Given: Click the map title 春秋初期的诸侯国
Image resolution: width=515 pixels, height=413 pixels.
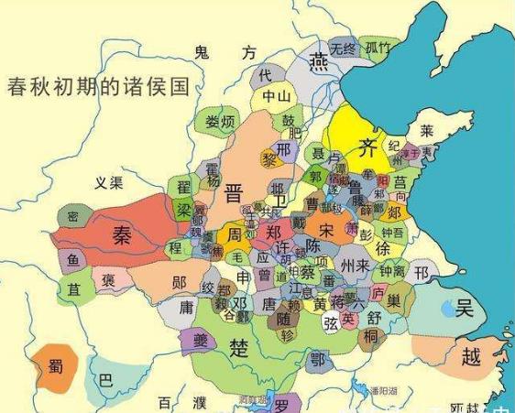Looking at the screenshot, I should [98, 88].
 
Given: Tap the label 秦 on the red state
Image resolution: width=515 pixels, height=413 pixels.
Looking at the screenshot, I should [122, 235].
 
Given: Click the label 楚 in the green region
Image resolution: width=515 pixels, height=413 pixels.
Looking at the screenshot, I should [239, 348].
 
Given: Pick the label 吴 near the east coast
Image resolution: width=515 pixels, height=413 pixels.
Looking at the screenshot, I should [466, 310].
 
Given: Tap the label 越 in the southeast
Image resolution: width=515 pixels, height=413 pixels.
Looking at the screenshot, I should [470, 356].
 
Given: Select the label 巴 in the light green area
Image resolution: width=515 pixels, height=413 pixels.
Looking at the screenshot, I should [106, 378].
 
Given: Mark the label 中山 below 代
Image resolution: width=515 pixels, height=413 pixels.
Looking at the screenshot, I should [276, 95].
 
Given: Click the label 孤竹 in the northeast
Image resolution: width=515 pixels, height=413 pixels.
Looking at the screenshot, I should [378, 48].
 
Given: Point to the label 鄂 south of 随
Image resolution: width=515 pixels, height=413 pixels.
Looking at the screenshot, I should [318, 360].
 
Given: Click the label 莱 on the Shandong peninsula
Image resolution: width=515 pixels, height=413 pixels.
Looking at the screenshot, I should [426, 130].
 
